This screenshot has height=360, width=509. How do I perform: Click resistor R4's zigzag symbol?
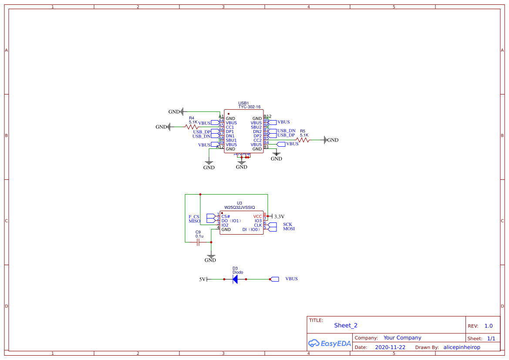[192, 127]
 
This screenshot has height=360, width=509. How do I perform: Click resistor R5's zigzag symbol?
[303, 140]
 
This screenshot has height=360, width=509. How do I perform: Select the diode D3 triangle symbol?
[235, 279]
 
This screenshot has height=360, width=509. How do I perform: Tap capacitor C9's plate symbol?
[198, 242]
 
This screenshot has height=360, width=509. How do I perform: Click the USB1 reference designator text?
[243, 103]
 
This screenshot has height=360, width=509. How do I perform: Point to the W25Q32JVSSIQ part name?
[239, 208]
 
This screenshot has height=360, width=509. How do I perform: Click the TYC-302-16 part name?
[249, 107]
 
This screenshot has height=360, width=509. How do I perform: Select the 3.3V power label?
[279, 216]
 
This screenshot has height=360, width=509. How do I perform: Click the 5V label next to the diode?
[202, 279]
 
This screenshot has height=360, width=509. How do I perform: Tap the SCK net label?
[288, 225]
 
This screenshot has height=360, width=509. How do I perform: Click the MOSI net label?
[289, 229]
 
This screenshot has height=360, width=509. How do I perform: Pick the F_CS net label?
[194, 217]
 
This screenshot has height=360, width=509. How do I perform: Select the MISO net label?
[194, 221]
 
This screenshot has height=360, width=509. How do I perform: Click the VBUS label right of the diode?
[291, 279]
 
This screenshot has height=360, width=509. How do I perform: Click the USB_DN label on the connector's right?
[286, 131]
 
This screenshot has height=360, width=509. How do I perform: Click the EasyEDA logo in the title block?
[329, 343]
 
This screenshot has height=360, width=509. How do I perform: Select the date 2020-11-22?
[390, 347]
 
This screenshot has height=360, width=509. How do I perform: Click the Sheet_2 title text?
[345, 325]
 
